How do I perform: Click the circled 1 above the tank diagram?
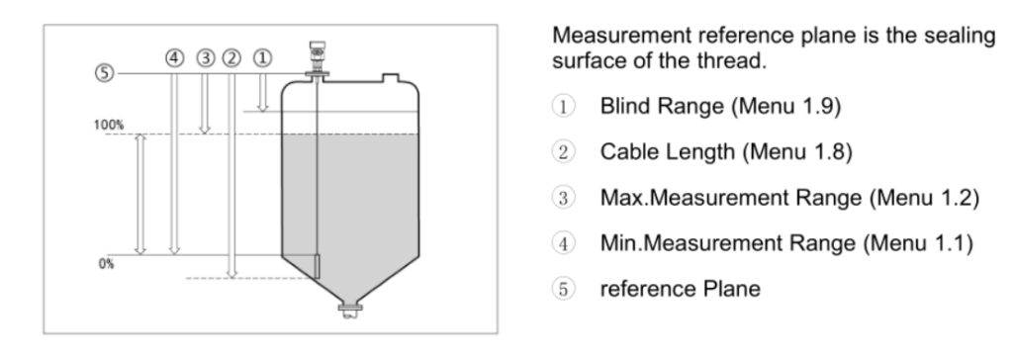262,58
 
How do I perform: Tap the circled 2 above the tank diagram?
233,58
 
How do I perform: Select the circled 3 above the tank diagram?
205,58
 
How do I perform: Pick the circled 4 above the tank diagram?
174,58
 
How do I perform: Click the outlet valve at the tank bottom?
346,314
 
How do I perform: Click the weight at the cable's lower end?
315,266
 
